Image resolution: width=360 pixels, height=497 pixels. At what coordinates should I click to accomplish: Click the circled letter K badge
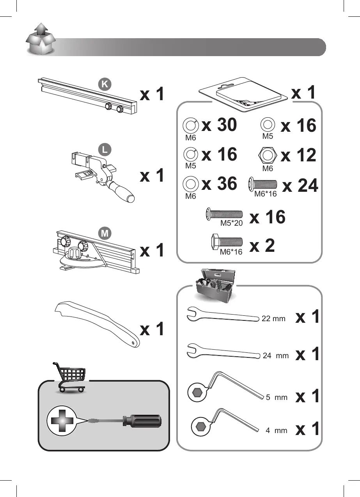coord(105,84)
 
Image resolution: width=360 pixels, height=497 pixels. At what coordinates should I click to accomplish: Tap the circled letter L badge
coord(103,149)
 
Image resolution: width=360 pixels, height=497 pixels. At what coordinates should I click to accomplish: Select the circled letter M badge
coord(104,233)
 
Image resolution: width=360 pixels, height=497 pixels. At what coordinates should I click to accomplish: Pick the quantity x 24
coord(300,186)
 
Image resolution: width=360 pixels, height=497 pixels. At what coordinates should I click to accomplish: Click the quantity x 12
coord(298,156)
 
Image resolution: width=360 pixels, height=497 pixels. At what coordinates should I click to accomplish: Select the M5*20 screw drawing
coord(224,214)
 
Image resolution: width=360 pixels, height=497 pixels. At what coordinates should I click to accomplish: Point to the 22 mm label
coord(273,319)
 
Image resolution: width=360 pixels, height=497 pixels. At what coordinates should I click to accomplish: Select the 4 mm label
coord(276,431)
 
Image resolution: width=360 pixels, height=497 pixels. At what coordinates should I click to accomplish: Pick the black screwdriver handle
coord(141,421)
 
